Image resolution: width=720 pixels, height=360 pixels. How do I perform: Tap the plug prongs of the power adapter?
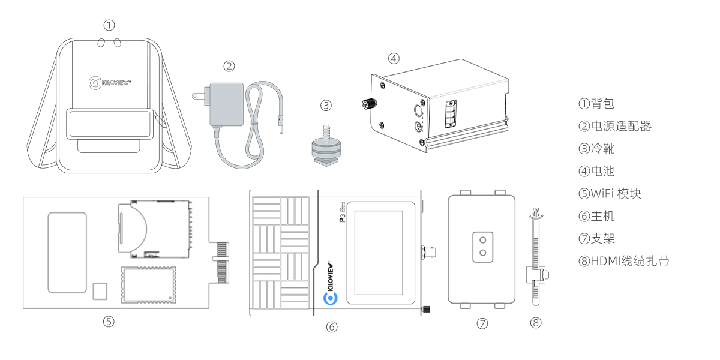tap(196, 96)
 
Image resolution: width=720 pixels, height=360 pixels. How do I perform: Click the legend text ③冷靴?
tap(596, 148)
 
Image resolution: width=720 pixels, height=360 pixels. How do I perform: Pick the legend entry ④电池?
tap(596, 171)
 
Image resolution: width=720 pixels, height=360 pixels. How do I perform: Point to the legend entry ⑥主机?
tap(596, 216)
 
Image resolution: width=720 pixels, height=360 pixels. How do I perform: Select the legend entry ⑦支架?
tap(596, 238)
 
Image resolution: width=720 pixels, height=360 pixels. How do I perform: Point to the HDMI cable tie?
tap(536, 258)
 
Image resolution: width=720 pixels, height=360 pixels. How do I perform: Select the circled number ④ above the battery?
tap(393, 59)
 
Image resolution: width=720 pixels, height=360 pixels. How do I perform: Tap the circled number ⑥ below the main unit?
tap(332, 327)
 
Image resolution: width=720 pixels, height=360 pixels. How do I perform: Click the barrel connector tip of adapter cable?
tap(280, 128)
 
